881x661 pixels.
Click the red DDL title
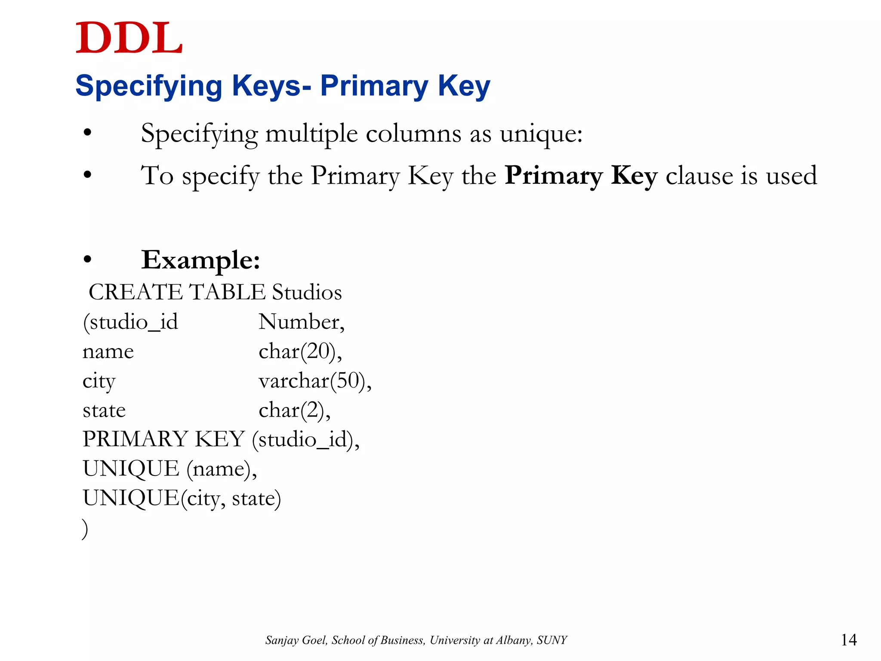[129, 39]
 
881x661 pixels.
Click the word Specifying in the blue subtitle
[148, 86]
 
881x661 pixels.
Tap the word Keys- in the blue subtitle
[271, 86]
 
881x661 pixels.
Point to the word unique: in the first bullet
[541, 134]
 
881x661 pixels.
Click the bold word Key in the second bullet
[634, 176]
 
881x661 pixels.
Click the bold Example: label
[201, 260]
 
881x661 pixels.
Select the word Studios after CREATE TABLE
[307, 293]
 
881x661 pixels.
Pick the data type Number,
[302, 322]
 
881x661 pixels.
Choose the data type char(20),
[300, 352]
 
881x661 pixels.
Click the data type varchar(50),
[315, 381]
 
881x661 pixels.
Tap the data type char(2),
[295, 411]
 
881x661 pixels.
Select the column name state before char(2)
[104, 411]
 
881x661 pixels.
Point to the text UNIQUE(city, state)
[182, 499]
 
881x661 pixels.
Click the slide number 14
[848, 640]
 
